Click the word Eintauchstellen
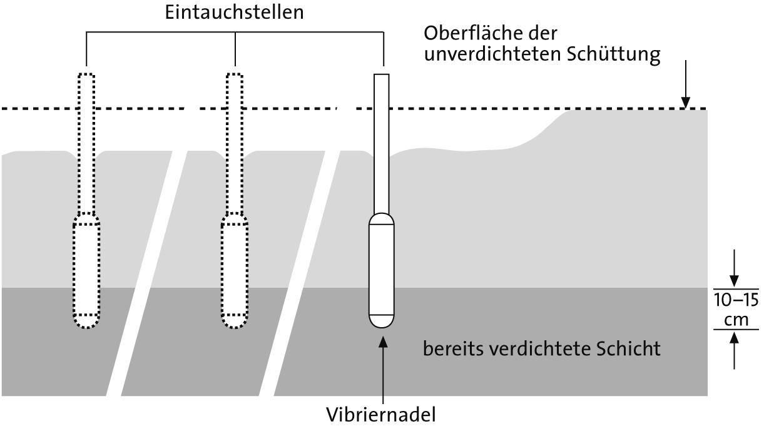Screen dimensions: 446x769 (234, 13)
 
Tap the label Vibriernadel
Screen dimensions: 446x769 (381, 415)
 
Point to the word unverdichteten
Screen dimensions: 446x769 (493, 55)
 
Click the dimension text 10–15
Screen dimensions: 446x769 (736, 300)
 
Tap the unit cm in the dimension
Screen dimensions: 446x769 (735, 319)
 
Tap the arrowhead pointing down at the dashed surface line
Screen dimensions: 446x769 (686, 102)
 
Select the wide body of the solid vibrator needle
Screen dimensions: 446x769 (381, 269)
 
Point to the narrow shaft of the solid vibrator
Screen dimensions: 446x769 (381, 144)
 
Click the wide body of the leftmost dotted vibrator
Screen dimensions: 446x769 (86, 269)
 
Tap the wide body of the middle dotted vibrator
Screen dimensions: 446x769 (234, 269)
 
